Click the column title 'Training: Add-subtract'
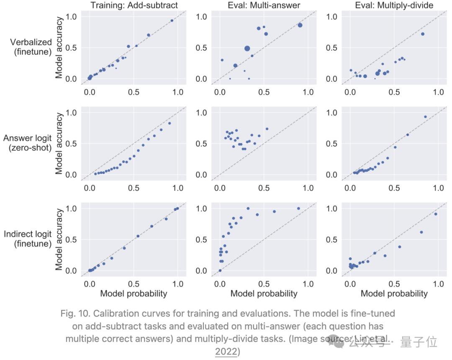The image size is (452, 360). [x=134, y=5]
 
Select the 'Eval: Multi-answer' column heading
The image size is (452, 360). [x=264, y=5]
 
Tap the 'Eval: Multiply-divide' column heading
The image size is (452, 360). [x=394, y=5]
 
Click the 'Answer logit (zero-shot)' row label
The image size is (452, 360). [x=28, y=143]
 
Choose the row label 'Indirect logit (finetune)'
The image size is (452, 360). [x=28, y=239]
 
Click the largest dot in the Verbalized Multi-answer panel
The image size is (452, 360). [x=247, y=49]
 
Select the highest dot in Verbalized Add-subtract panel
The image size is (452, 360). [x=172, y=21]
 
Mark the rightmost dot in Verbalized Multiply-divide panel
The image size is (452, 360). [x=423, y=34]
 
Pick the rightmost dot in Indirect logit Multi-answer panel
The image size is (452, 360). [x=298, y=208]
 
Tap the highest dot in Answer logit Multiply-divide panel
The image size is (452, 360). [x=425, y=117]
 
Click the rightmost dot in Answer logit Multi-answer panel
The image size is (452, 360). [x=267, y=129]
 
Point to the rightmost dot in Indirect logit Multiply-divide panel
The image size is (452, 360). [x=436, y=214]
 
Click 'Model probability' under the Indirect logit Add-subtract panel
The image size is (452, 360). [x=134, y=294]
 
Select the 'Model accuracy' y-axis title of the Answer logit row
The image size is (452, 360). [x=59, y=143]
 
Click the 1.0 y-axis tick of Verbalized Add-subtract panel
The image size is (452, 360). [x=71, y=17]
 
